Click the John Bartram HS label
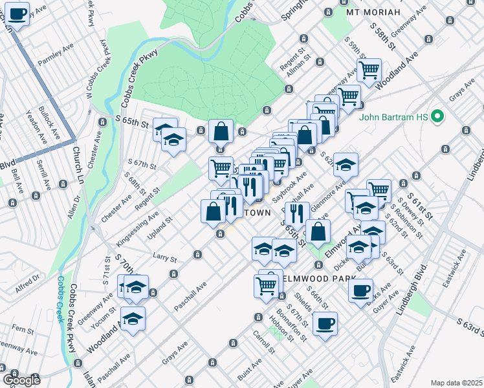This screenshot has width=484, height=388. (395, 118)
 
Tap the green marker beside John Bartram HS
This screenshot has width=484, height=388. (437, 118)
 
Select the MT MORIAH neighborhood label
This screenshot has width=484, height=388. (373, 12)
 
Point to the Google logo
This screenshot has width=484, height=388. (21, 380)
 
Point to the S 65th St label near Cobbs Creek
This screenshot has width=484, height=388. (132, 121)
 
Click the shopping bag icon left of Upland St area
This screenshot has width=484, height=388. (214, 211)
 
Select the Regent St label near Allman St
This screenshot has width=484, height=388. (292, 51)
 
